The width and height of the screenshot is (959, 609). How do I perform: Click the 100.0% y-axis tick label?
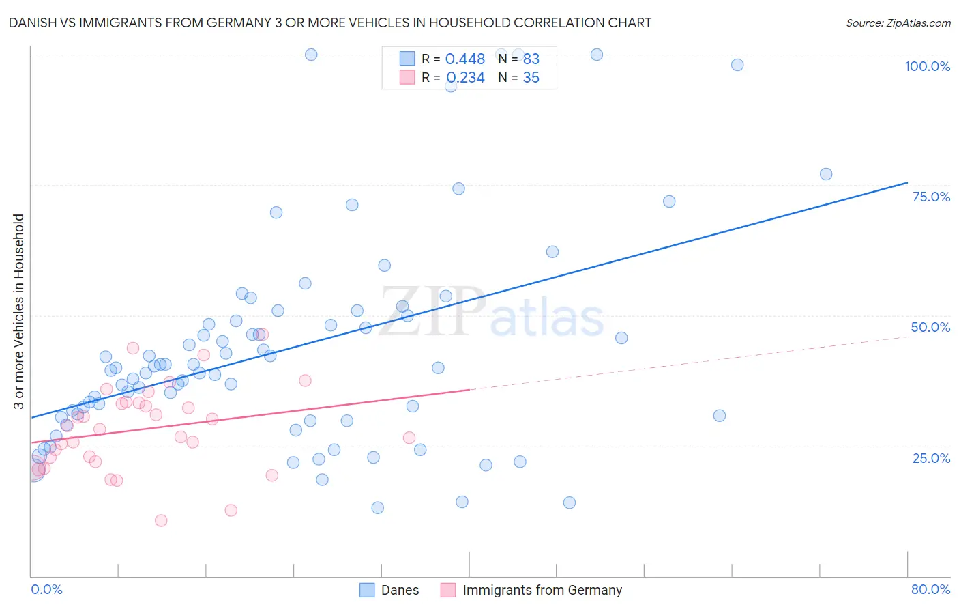click(927, 66)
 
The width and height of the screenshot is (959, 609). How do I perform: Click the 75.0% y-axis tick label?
click(931, 197)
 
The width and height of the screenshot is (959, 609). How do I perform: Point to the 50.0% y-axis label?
click(930, 327)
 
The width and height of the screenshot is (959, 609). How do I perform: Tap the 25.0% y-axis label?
click(931, 457)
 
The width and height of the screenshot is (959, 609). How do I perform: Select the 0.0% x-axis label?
click(46, 589)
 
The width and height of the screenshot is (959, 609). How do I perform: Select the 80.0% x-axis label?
click(930, 589)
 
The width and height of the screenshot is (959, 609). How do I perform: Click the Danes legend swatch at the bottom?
click(367, 590)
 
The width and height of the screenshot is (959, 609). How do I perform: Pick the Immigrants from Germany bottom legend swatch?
click(448, 590)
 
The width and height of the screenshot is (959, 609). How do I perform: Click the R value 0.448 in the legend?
click(464, 59)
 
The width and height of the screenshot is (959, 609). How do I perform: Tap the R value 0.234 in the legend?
click(465, 77)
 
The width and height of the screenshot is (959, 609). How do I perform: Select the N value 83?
click(531, 59)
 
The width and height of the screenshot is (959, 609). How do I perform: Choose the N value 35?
click(531, 77)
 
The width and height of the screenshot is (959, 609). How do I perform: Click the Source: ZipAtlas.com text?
click(898, 23)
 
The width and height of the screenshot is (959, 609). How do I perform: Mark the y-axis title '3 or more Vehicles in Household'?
click(19, 311)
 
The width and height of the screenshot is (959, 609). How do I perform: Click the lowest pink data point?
click(161, 520)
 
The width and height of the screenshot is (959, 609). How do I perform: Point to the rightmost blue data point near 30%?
click(719, 416)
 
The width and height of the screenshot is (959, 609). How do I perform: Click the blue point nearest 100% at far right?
click(737, 65)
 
